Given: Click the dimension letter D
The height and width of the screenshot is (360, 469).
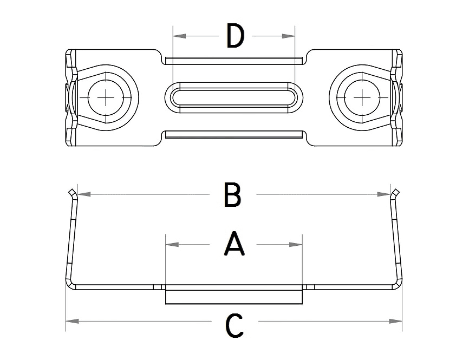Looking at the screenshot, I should [235, 36].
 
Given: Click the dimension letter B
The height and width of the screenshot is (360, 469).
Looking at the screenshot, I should [232, 195].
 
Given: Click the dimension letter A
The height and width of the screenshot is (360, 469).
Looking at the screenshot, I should [234, 244].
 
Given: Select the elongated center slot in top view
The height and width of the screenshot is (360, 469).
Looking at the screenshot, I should [234, 98].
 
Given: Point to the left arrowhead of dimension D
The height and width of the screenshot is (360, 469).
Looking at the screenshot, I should [179, 36].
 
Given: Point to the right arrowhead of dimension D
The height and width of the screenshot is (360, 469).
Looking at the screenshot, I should [289, 36].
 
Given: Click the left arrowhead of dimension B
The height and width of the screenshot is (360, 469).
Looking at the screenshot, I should [84, 193].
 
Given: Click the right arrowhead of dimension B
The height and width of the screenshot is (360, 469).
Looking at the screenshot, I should [383, 193].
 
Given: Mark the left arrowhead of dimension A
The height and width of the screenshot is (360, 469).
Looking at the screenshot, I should [172, 245].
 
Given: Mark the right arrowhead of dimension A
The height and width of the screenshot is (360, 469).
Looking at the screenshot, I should [296, 245].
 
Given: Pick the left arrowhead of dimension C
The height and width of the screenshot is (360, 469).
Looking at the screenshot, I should [72, 321].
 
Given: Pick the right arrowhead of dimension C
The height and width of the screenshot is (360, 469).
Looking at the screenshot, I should [396, 321].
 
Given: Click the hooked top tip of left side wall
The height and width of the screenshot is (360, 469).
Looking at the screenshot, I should [70, 192].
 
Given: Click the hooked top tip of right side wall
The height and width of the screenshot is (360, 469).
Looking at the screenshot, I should [396, 192].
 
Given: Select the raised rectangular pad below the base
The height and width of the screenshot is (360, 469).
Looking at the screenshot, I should [234, 297].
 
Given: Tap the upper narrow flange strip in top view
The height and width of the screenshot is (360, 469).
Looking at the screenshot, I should [234, 58].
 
